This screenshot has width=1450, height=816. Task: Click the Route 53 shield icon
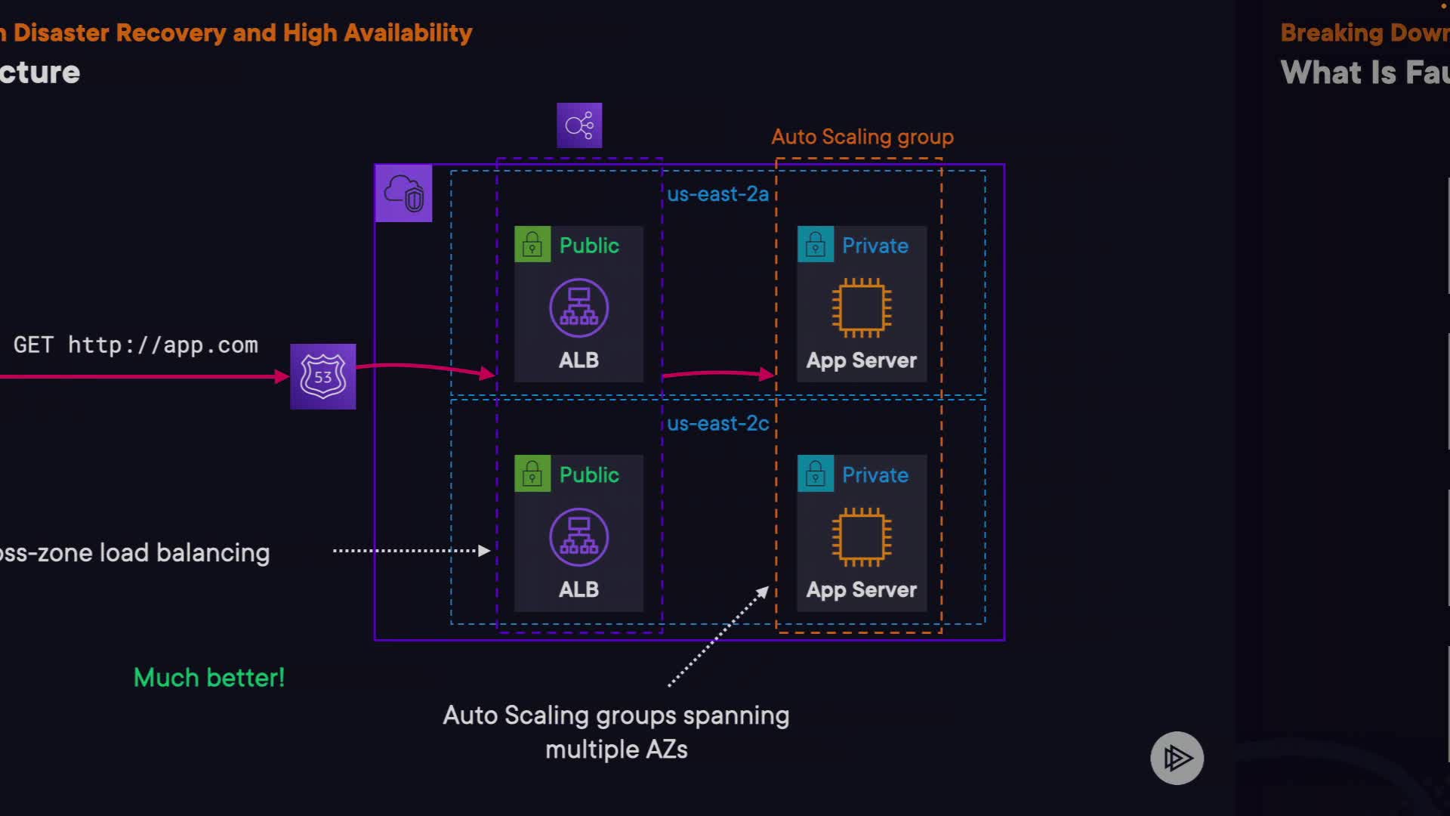click(322, 376)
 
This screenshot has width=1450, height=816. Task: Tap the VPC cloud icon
click(403, 193)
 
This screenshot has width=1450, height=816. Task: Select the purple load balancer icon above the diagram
click(579, 125)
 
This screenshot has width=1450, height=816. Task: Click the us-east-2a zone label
click(717, 194)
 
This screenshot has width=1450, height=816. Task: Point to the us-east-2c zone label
click(717, 424)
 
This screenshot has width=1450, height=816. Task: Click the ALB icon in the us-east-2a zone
click(578, 308)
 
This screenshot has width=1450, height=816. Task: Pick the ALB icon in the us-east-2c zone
click(578, 536)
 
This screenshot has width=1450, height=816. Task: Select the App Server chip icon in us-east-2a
click(861, 308)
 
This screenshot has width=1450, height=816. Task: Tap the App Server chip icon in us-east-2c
click(861, 536)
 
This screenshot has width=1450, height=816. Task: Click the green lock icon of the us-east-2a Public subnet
click(532, 245)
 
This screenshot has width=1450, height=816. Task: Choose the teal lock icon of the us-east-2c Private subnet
click(816, 474)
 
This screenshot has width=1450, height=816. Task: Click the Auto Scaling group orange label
click(862, 137)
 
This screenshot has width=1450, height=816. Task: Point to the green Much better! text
click(209, 678)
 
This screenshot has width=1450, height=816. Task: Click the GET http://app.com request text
click(136, 345)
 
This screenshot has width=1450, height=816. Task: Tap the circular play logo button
click(1177, 758)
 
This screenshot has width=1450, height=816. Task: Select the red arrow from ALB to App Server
click(717, 372)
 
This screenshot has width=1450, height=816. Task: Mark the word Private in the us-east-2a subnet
click(875, 246)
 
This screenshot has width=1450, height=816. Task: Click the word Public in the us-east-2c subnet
click(589, 474)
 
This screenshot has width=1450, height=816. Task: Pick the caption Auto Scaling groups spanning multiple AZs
click(616, 732)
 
